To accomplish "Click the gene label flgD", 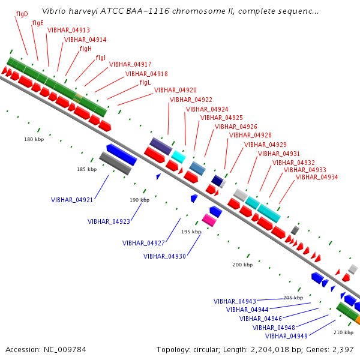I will pyautogui.click(x=22, y=13).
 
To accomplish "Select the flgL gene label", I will pyautogui.click(x=145, y=82).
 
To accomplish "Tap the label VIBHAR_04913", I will pyautogui.click(x=68, y=30).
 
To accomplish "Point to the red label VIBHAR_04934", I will pyautogui.click(x=317, y=177).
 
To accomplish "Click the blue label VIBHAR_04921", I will pyautogui.click(x=72, y=200).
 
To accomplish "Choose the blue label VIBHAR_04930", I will pyautogui.click(x=164, y=256).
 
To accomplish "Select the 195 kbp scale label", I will pyautogui.click(x=192, y=232).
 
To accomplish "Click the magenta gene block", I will pyautogui.click(x=209, y=220).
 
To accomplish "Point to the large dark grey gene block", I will pyautogui.click(x=115, y=163).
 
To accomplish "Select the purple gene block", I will pyautogui.click(x=161, y=145).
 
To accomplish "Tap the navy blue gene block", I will pyautogui.click(x=217, y=181).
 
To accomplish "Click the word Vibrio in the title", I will pyautogui.click(x=54, y=11).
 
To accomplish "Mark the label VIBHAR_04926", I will pyautogui.click(x=236, y=127).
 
